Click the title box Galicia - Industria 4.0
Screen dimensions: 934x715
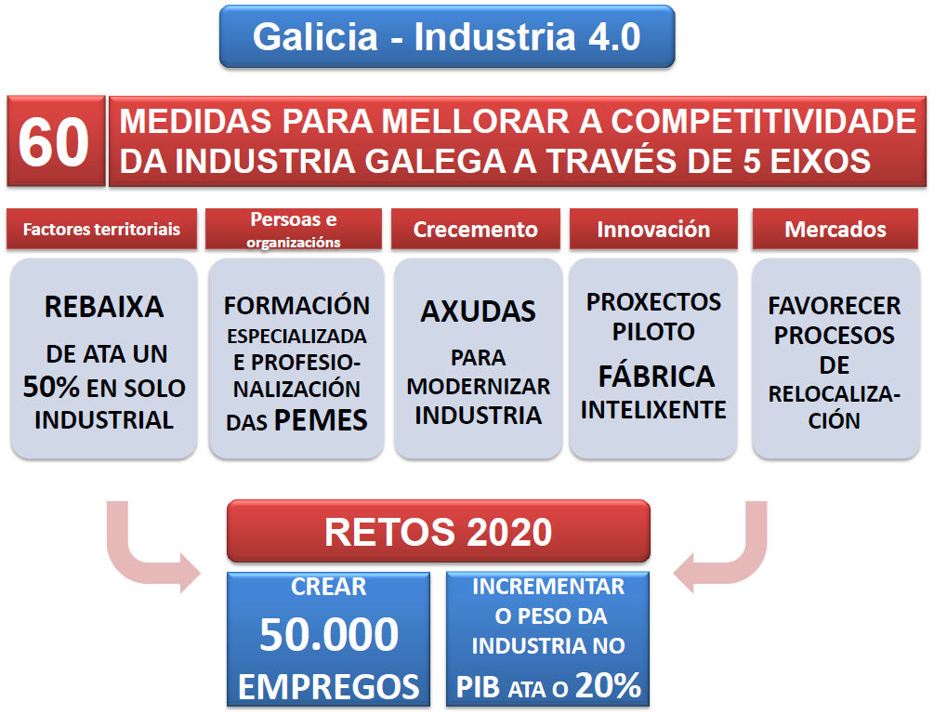tap(447, 36)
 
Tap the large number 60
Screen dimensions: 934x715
tap(54, 142)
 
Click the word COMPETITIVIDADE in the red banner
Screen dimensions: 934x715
tap(764, 122)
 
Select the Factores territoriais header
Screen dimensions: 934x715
tap(102, 229)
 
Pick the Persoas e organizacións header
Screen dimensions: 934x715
tap(294, 229)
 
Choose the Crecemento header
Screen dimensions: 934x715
tap(475, 229)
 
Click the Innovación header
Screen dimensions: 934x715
tap(653, 229)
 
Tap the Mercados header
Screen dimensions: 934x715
tap(835, 229)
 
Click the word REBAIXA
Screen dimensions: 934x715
tap(104, 307)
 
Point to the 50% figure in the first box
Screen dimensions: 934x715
tap(51, 388)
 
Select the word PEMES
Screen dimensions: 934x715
tap(321, 420)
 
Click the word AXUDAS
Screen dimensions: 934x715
tap(479, 311)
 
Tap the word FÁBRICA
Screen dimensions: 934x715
tap(656, 376)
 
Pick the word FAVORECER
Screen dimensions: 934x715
tap(835, 306)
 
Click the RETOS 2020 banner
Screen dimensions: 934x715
tap(439, 531)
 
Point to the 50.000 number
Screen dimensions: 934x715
tap(329, 634)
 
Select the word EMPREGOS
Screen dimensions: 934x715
tap(329, 686)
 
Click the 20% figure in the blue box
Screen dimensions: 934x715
tap(608, 685)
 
